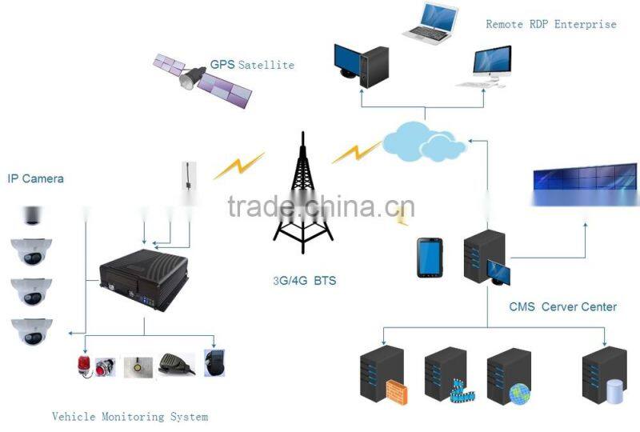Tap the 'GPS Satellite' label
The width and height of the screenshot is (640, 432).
[252, 65]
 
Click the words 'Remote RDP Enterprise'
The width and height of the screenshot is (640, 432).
[551, 24]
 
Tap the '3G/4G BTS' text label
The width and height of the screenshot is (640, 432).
[303, 282]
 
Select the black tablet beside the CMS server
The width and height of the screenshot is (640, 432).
[430, 258]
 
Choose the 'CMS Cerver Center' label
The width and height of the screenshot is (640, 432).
[562, 306]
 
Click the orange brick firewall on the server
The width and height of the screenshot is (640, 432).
[397, 392]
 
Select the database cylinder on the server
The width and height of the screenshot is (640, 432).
[614, 391]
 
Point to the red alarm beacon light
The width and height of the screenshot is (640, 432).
[84, 365]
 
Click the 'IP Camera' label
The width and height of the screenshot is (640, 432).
[35, 178]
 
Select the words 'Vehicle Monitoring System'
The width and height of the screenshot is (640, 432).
[130, 417]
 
